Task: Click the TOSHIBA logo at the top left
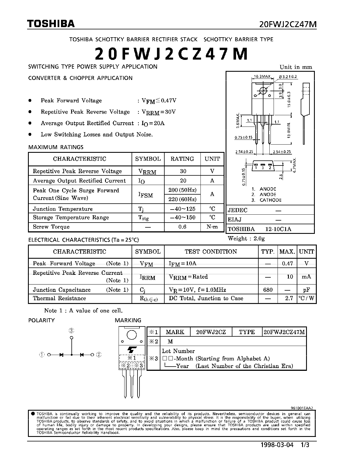51,24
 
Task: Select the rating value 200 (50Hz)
182,190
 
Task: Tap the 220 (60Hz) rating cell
182,199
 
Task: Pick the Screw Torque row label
51,227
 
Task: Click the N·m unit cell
212,227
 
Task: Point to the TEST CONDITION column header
211,252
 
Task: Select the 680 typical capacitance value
268,290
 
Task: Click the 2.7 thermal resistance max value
289,298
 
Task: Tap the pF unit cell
307,290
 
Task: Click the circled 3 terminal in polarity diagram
71,331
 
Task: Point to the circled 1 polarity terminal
42,355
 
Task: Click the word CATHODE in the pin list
270,200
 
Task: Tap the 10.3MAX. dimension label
262,77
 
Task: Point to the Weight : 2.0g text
246,238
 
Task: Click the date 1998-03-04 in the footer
277,445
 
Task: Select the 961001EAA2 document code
302,408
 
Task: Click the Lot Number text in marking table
178,351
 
